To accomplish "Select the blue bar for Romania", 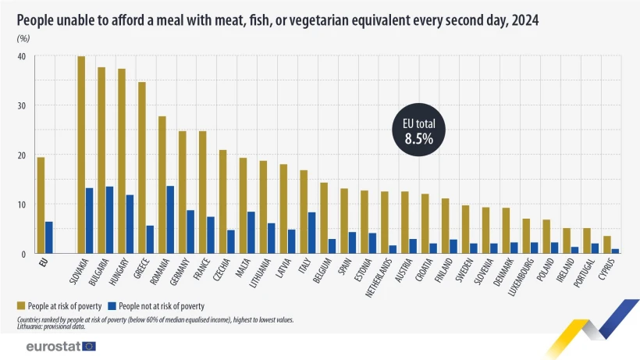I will [x=171, y=220].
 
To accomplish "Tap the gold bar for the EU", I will [x=41, y=205].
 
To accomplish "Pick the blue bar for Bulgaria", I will [x=110, y=220].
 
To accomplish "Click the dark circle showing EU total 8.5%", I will [x=418, y=130].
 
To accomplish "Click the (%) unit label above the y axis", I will [x=23, y=38].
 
